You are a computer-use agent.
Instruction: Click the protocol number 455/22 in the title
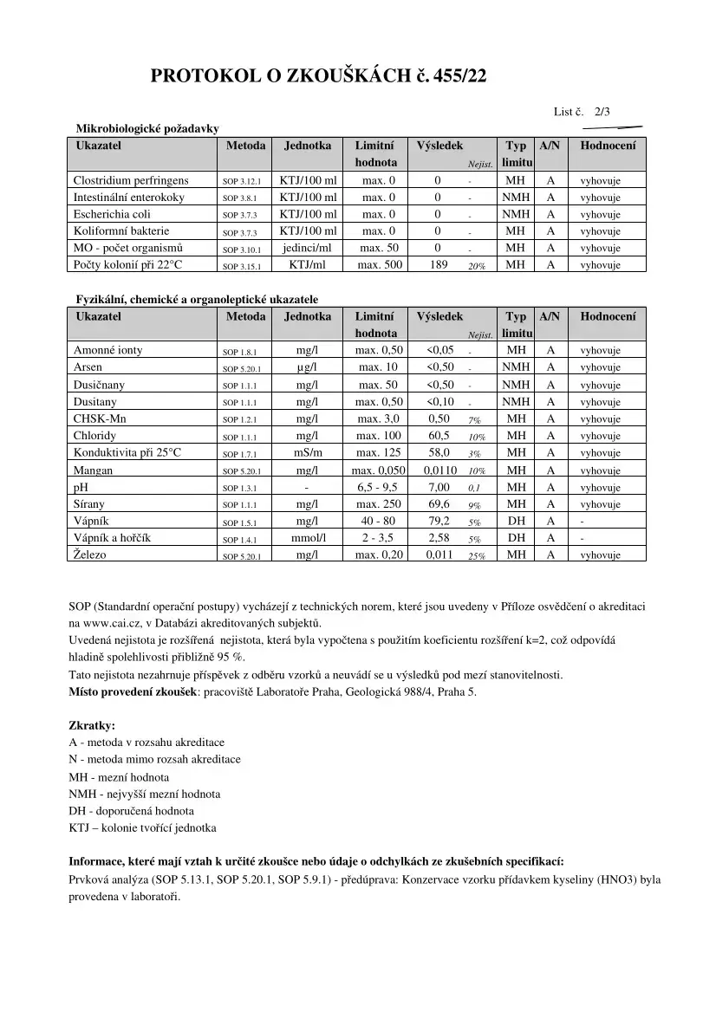456,77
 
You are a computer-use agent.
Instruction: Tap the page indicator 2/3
602,112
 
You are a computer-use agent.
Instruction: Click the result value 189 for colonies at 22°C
439,264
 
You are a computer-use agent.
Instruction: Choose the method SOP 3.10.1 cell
242,249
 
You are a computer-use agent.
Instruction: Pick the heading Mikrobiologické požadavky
147,128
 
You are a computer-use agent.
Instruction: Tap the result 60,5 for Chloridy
439,435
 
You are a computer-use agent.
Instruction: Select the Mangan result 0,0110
440,470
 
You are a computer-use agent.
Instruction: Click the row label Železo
90,555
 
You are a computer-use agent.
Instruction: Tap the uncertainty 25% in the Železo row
476,556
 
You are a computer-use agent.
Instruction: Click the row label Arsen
88,367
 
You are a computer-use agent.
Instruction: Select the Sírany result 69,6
439,503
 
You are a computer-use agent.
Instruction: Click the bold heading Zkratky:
92,725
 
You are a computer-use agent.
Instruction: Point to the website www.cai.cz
110,623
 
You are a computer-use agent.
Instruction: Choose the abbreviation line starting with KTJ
142,827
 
